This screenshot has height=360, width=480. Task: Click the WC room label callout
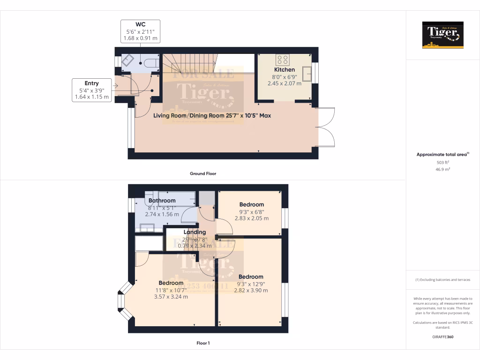pyautogui.click(x=140, y=31)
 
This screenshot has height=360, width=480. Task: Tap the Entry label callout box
pyautogui.click(x=92, y=90)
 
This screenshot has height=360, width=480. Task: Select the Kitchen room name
pyautogui.click(x=285, y=70)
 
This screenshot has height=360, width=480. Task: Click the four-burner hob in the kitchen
pyautogui.click(x=283, y=60)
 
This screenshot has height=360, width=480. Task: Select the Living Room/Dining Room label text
pyautogui.click(x=212, y=115)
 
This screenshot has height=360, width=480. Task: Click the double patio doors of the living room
pyautogui.click(x=326, y=127)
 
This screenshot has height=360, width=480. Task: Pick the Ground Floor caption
pyautogui.click(x=202, y=173)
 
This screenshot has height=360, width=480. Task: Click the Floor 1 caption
pyautogui.click(x=203, y=343)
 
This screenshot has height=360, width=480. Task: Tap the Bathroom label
pyautogui.click(x=162, y=201)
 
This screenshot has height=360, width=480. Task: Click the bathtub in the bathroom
pyautogui.click(x=177, y=199)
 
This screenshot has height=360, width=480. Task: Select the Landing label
pyautogui.click(x=195, y=232)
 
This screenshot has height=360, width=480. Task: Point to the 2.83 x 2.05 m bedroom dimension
pyautogui.click(x=252, y=218)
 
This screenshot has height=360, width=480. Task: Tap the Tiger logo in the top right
pyautogui.click(x=442, y=35)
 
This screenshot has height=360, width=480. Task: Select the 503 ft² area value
pyautogui.click(x=442, y=162)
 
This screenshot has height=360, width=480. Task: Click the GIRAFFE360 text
pyautogui.click(x=443, y=337)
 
